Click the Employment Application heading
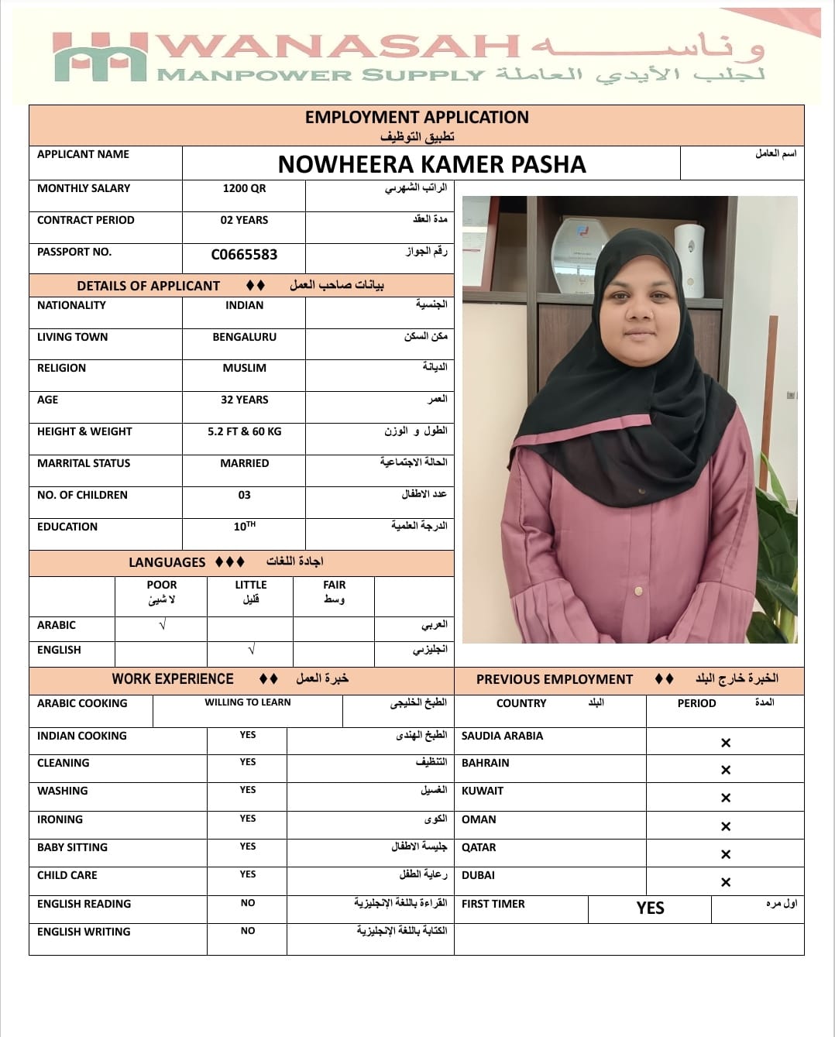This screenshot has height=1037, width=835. pos(417,118)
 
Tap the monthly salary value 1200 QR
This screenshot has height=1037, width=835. pos(244,188)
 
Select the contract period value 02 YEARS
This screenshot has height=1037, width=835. pos(244,220)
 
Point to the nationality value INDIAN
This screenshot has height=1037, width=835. pos(244,305)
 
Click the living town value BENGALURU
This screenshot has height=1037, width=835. pos(244,337)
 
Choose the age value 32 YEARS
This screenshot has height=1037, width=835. pos(244,400)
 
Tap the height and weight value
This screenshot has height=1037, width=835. pos(244,431)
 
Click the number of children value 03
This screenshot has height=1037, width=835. pos(244,495)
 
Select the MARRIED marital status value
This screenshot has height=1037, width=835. pos(244,463)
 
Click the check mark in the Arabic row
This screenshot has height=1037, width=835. pos(162,625)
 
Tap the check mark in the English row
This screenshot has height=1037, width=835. pos(251,650)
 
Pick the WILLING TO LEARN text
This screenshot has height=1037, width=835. pos(248,702)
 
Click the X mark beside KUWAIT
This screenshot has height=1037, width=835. pos(726,798)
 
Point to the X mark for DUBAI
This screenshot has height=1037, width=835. pos(726,882)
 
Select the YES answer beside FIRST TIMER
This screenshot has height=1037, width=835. pos(650,908)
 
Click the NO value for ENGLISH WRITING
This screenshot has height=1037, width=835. pos(248,931)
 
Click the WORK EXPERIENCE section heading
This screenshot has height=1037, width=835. pos(173,679)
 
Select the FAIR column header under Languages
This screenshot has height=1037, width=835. pos(335,585)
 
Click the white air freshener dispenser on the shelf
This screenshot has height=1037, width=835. pos(689,259)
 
